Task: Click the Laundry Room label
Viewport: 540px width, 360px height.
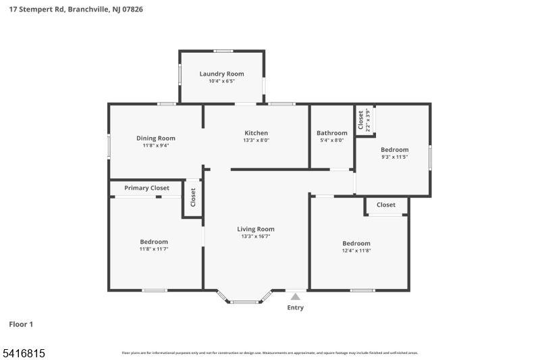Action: click(221, 74)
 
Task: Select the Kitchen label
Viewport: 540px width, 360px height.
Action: click(256, 133)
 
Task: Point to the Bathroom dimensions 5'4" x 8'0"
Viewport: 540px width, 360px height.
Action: click(331, 140)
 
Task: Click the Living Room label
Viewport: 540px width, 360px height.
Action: click(256, 229)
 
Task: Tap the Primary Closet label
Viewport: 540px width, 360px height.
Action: click(146, 188)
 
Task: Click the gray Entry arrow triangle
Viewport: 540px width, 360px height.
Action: click(295, 297)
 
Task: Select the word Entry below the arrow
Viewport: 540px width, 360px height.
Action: click(295, 308)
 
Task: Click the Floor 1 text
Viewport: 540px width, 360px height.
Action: click(21, 325)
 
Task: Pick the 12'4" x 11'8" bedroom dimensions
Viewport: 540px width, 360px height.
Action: click(356, 251)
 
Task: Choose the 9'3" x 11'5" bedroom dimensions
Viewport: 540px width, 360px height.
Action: click(394, 157)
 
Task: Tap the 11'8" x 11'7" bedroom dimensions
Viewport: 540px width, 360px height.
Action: click(154, 249)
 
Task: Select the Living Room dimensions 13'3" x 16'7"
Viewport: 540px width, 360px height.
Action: click(256, 236)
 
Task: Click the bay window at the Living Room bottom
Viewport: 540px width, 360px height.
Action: click(244, 301)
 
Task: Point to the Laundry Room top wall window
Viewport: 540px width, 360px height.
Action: click(223, 51)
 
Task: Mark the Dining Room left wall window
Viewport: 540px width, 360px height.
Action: click(109, 147)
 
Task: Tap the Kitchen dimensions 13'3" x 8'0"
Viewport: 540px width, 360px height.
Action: click(256, 140)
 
